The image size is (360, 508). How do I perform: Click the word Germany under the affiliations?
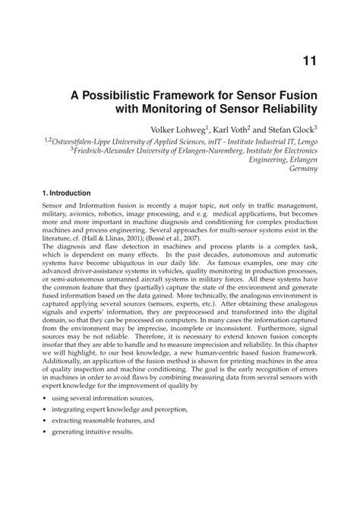point(303,172)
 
